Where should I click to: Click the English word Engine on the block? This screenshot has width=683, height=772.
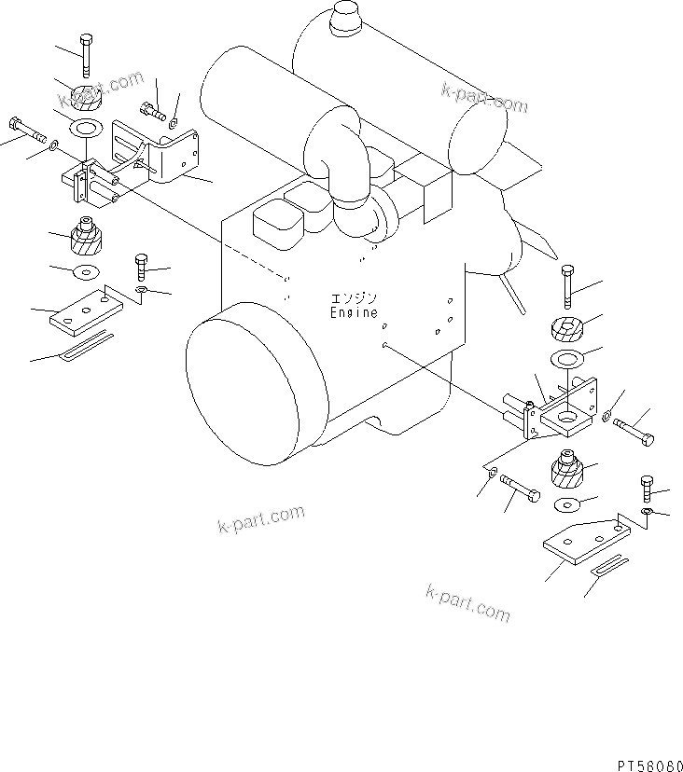pos(354,312)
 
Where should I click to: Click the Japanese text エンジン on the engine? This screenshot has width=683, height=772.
pos(354,298)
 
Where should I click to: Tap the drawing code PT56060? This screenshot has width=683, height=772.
pos(650,765)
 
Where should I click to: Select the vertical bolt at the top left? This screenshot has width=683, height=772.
pos(86,56)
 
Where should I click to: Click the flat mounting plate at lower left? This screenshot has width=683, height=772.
pos(86,312)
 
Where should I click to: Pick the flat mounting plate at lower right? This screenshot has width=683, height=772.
pos(586,543)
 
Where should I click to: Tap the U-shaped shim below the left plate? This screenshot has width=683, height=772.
pos(86,347)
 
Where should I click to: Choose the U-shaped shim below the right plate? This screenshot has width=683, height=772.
pos(608,565)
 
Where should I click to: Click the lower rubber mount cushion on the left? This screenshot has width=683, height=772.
pos(87,235)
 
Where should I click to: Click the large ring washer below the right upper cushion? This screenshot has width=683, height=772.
pos(566,358)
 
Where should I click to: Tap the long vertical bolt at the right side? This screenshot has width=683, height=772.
pos(567,287)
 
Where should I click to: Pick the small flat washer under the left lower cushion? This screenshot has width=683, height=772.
pos(86,271)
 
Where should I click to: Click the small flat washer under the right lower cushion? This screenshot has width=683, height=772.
pos(566,504)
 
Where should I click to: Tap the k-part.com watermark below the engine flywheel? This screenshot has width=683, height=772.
pos(260,519)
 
